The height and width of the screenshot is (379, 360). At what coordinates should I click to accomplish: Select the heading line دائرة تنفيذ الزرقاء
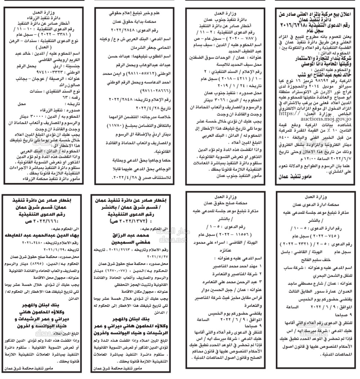coord(45,17)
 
